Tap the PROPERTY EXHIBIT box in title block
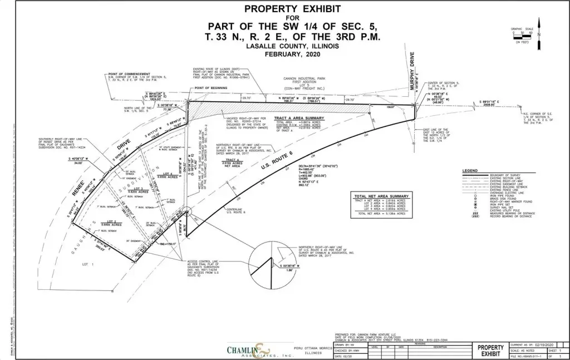click(491, 349)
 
